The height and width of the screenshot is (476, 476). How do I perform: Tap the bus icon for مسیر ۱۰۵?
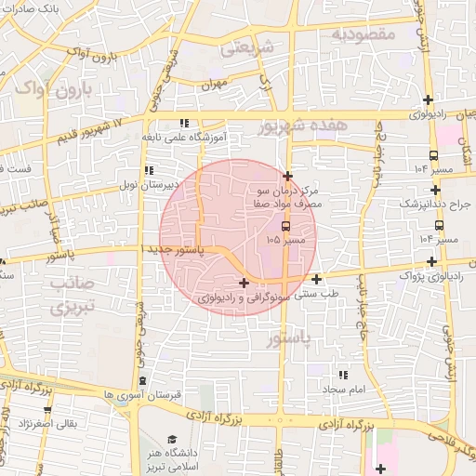[x=284, y=226]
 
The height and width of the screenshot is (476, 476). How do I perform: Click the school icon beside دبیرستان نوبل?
[x=148, y=171]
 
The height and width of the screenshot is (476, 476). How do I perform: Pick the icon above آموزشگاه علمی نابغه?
[x=184, y=123]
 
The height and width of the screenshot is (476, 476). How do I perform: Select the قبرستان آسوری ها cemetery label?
[x=142, y=394]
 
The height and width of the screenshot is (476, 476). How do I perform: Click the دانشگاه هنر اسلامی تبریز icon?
[x=169, y=439]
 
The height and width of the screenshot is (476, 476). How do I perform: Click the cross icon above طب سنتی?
[x=317, y=279]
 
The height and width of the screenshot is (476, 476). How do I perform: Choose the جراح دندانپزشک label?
[x=436, y=203]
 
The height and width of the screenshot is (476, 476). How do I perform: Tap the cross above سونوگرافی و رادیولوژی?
[x=244, y=283]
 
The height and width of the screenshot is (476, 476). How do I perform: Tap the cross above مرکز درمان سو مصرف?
[x=288, y=176]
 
